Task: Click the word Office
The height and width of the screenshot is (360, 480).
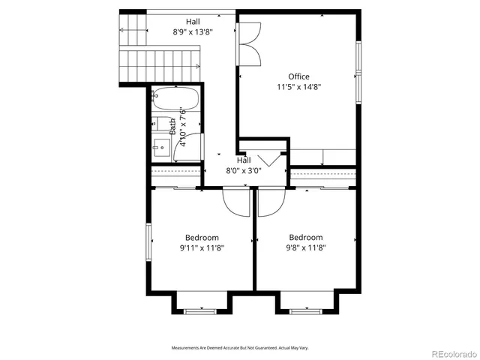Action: (298, 76)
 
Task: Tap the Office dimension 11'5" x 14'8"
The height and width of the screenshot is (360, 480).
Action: (298, 86)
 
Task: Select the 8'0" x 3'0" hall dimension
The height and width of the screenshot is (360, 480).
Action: (244, 170)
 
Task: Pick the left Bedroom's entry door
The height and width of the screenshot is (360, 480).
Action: (236, 200)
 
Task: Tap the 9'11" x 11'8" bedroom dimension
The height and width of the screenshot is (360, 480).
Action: (202, 247)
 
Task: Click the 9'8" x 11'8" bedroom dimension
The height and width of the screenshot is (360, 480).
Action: (306, 247)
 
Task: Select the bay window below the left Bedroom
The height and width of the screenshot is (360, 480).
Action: (201, 310)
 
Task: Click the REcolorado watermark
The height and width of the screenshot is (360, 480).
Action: (448, 353)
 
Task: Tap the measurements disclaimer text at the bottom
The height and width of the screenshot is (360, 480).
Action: (240, 348)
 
